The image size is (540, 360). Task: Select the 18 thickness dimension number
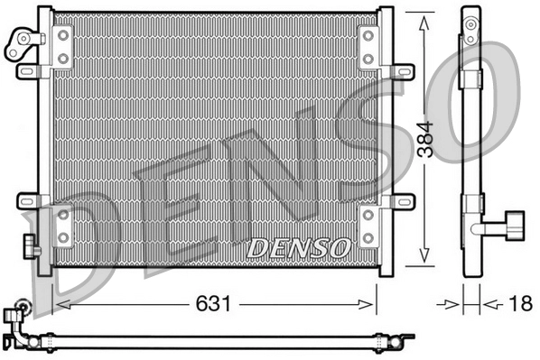coord(518,305)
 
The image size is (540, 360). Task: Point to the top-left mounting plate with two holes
coord(63,46)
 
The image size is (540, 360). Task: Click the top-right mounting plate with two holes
coord(368,46)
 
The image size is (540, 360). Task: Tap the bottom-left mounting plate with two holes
coord(63,226)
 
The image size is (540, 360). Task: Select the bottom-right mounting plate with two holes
coord(368,226)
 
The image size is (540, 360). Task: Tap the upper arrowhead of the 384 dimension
coord(424,20)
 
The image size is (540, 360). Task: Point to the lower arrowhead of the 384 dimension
coord(424,260)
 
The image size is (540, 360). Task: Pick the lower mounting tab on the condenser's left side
coord(28,199)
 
